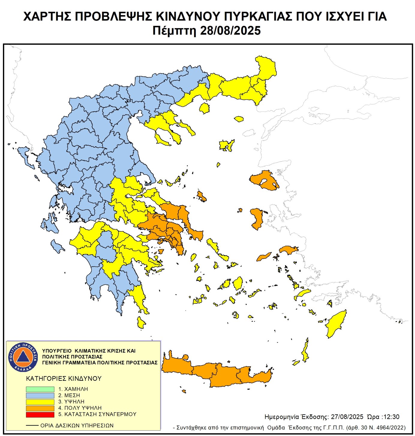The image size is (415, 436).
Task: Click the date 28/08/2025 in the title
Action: [x=230, y=31]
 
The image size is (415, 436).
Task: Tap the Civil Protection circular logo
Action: [x=23, y=357]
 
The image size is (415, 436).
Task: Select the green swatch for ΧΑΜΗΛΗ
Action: [x=40, y=389]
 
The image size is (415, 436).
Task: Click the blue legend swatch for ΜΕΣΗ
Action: [x=40, y=395]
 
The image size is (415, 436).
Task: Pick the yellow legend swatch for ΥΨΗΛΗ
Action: [x=40, y=402]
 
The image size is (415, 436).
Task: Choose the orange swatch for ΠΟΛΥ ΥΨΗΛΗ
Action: [x=40, y=408]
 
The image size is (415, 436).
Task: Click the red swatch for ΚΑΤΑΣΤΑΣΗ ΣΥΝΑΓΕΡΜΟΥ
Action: [x=40, y=414]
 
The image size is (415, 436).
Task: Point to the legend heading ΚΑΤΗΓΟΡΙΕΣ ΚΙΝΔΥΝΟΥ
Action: [x=64, y=379]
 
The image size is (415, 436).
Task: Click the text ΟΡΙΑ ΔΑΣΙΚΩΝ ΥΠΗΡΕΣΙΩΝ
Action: [x=77, y=425]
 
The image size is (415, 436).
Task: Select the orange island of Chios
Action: [x=257, y=218]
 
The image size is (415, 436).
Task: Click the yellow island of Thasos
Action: [x=205, y=108]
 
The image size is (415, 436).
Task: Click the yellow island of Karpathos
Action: [x=306, y=351]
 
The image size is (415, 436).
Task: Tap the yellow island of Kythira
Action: [x=141, y=323]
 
